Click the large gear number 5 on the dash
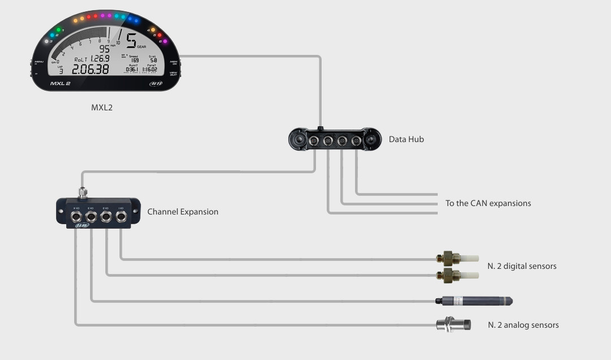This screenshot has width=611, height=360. pos(131,41)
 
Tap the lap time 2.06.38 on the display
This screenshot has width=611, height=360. pos(90,69)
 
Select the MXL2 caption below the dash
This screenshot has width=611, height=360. pos(102,107)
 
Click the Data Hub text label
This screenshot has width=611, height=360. pos(406,139)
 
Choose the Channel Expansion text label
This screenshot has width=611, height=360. pos(182,212)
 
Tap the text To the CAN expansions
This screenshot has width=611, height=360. pos(488,203)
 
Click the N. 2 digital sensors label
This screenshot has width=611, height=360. pos(522,266)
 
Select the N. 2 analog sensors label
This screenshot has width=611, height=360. pos(523,325)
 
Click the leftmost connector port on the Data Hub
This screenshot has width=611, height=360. pos(314,141)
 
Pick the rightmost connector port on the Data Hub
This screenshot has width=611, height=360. pos(356,141)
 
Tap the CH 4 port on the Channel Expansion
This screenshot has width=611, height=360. pos(76,216)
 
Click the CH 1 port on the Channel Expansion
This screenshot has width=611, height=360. pos(120,216)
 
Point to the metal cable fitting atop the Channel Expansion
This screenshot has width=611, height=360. pos(83,192)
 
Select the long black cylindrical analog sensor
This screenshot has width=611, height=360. pos(474,301)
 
